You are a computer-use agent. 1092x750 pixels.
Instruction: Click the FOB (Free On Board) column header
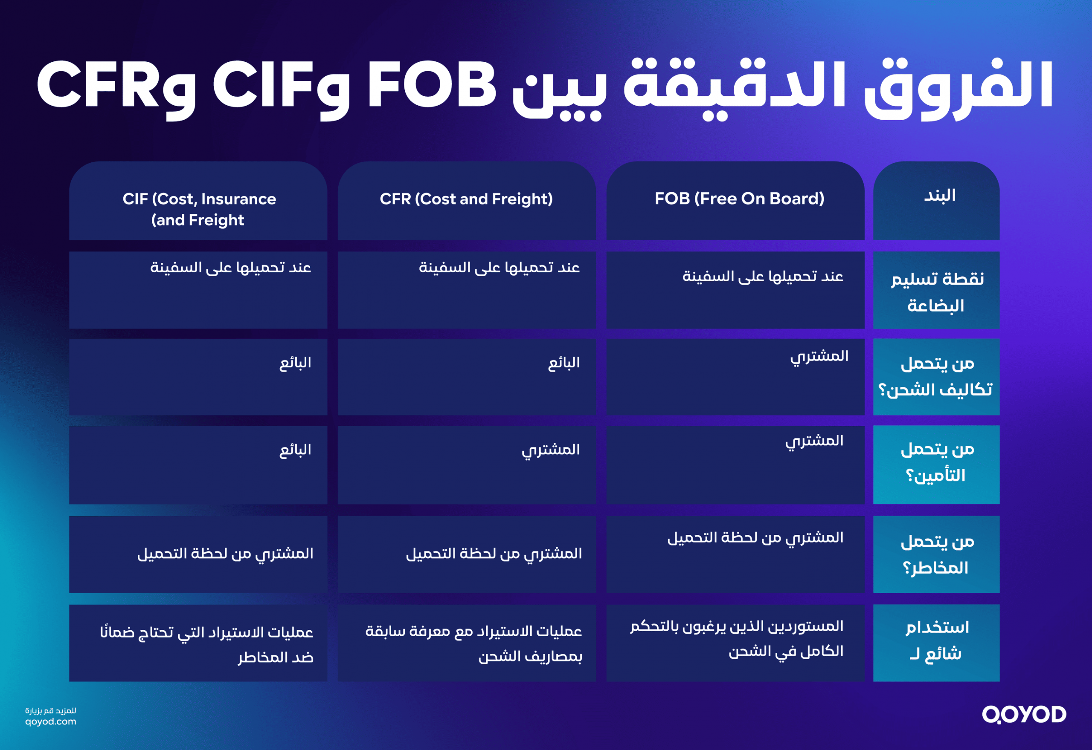[739, 199]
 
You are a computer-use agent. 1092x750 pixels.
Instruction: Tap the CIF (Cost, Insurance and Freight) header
[198, 209]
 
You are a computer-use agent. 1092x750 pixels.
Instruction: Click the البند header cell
[939, 196]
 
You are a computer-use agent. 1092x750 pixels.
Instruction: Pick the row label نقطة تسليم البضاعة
[936, 292]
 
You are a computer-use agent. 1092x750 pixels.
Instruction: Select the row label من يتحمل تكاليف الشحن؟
[936, 376]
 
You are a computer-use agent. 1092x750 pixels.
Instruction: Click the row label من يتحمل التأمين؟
[936, 463]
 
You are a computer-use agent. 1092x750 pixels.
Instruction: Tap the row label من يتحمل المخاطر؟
[936, 555]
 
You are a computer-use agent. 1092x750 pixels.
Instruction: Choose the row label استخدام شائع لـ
[936, 640]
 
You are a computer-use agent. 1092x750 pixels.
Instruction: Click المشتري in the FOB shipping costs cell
[819, 357]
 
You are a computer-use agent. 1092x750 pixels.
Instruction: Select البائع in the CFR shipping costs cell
[563, 363]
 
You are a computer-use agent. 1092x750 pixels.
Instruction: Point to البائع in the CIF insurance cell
[295, 450]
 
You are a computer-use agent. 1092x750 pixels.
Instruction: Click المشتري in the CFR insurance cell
[550, 450]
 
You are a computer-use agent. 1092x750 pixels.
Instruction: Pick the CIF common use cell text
[207, 644]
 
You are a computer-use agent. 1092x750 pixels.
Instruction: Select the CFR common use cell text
[473, 643]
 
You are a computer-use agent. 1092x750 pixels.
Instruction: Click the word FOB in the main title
[431, 86]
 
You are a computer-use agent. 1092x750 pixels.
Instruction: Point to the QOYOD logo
[1024, 714]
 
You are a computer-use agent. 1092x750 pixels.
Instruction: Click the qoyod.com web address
[51, 721]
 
